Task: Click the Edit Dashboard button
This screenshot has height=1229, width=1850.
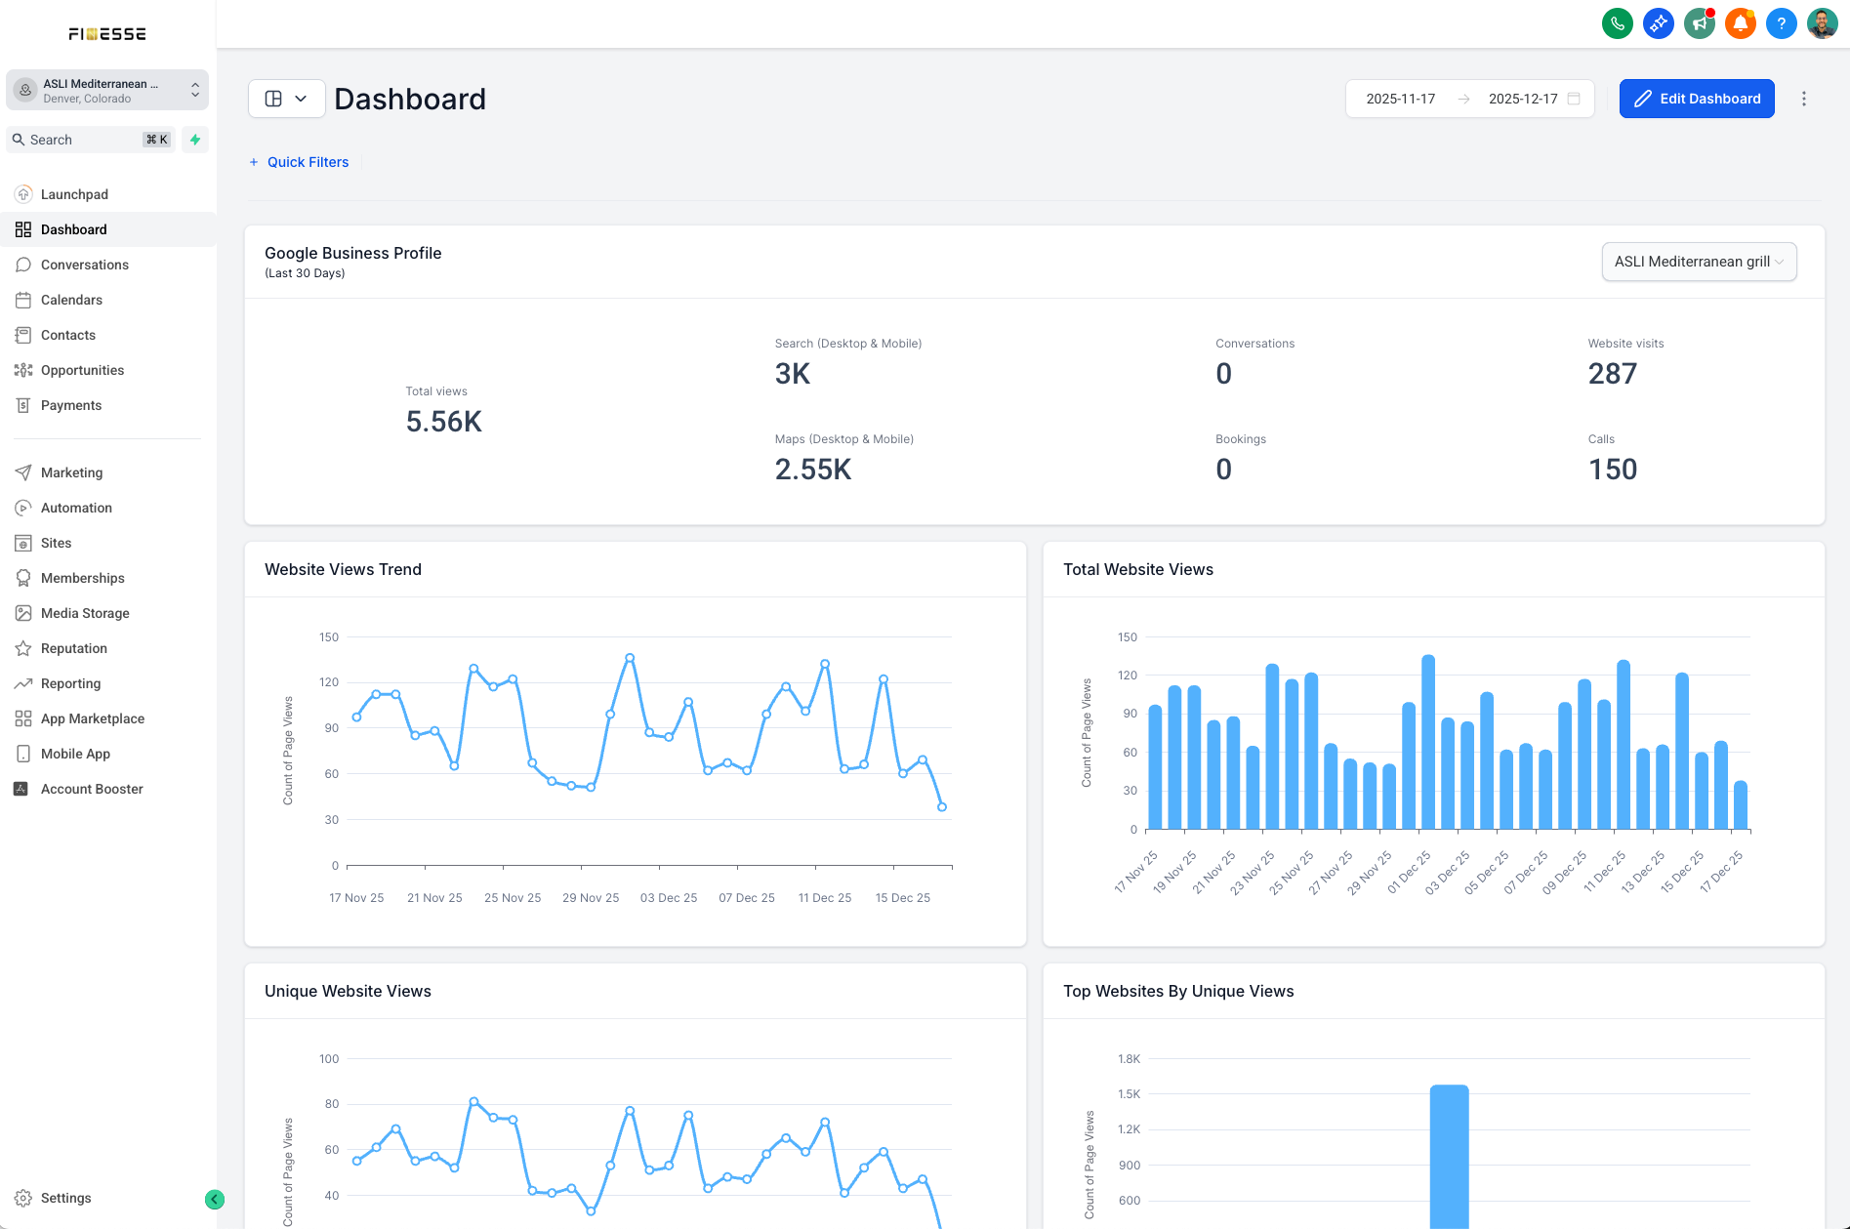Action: coord(1697,99)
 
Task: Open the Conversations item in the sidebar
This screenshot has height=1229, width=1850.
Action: coord(85,265)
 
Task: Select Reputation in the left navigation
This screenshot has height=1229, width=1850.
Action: coord(74,648)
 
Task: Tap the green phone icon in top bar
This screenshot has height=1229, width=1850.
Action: coord(1618,23)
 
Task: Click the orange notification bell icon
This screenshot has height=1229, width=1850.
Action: coord(1741,23)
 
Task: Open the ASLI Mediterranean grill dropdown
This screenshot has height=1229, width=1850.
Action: coord(1699,262)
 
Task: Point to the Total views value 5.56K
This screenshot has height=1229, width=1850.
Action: coord(444,422)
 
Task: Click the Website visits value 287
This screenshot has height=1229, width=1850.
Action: coord(1613,374)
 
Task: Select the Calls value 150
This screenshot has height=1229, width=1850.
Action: coord(1613,470)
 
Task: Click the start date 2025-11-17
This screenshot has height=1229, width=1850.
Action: coord(1401,99)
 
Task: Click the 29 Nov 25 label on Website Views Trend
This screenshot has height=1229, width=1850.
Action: coord(591,898)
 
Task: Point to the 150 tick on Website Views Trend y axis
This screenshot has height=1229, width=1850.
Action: coord(329,637)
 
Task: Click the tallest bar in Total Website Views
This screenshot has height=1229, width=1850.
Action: coord(1428,743)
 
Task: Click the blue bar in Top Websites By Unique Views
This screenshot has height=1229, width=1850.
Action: coord(1450,1157)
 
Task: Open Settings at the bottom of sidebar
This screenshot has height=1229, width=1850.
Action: coord(66,1198)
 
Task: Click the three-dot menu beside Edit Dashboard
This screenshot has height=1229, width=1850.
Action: coord(1804,99)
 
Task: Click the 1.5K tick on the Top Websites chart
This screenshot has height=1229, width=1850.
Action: coord(1129,1094)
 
